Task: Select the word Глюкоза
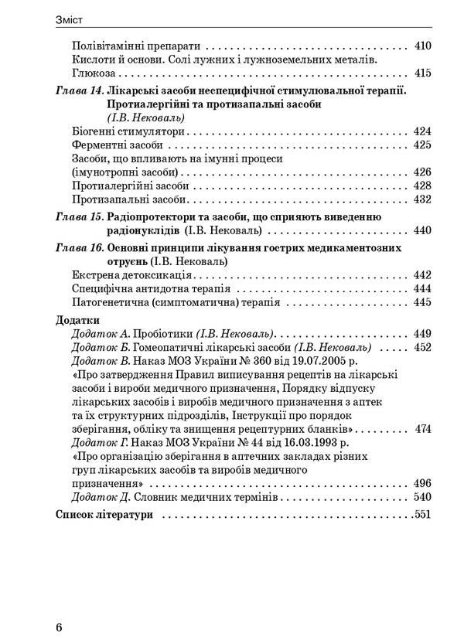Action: [x=92, y=74]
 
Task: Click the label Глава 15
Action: [x=79, y=217]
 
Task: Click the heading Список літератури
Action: [x=105, y=514]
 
